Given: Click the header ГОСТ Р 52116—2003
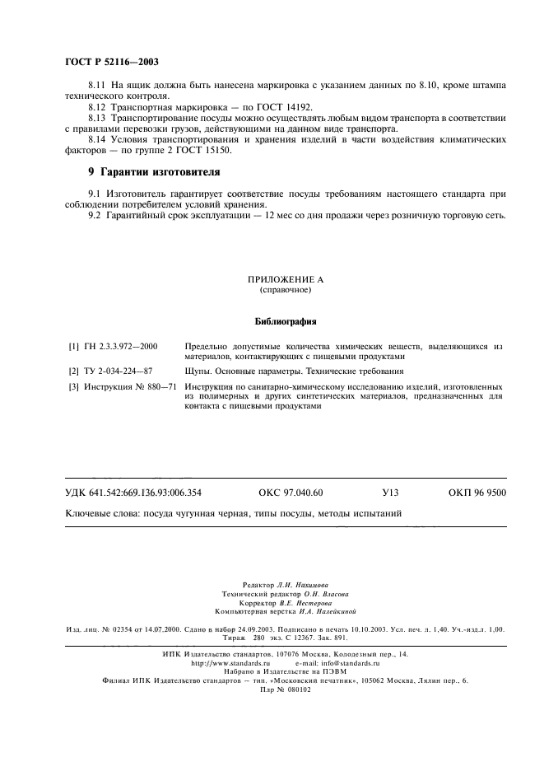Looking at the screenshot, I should (x=111, y=63).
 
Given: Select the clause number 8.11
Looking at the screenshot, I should (x=98, y=86).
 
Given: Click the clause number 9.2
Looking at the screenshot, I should (x=95, y=215).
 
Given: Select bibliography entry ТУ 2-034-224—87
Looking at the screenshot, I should (x=120, y=371).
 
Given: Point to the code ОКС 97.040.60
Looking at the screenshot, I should (x=291, y=493).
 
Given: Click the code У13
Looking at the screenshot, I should (x=390, y=493).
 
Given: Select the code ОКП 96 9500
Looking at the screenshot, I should (x=477, y=493).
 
